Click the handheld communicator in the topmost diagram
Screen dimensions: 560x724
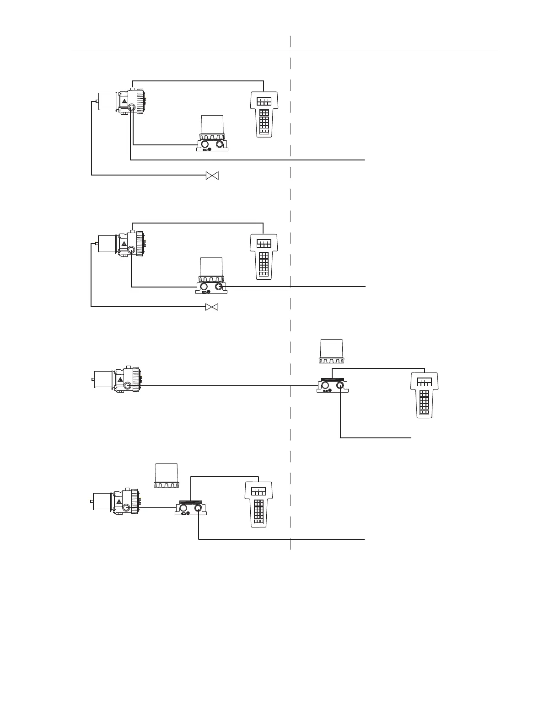coord(264,114)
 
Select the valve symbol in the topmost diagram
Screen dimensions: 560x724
coord(212,175)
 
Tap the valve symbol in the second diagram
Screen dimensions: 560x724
coord(212,307)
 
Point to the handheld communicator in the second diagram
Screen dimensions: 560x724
coord(264,256)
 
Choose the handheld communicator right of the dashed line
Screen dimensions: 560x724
coord(424,395)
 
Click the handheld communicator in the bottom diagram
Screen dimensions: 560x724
coord(259,504)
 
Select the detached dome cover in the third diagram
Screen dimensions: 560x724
coord(332,351)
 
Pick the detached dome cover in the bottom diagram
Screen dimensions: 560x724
coord(167,475)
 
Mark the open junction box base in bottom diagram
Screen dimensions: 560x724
coord(191,509)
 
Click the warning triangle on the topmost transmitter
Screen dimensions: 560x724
coord(124,102)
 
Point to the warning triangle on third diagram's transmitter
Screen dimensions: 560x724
coord(120,380)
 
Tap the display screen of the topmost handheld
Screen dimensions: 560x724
coord(264,101)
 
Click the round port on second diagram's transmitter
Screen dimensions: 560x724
coord(131,250)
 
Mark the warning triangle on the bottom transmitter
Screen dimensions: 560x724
coord(119,502)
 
